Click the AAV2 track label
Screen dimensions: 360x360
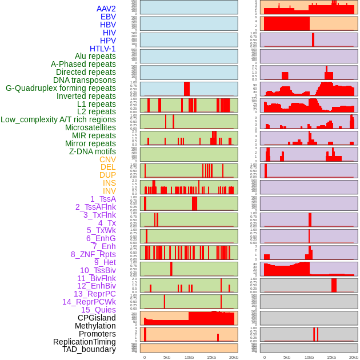tap(106, 9)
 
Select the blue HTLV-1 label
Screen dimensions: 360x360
tap(102, 49)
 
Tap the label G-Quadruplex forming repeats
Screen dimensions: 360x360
tap(61, 88)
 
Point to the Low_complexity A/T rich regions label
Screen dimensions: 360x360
tap(58, 119)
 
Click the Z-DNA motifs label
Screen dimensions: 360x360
tap(92, 151)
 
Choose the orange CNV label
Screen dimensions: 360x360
tap(107, 159)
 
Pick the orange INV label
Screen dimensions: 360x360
tap(109, 191)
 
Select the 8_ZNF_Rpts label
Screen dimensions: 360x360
tap(93, 254)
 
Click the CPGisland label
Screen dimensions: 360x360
tap(97, 318)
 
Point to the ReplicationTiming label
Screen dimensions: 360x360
tap(85, 342)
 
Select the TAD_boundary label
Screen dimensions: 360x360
tap(89, 349)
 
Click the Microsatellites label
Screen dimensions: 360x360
tap(90, 127)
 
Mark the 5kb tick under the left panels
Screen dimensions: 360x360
tap(167, 357)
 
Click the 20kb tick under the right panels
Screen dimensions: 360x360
tap(354, 357)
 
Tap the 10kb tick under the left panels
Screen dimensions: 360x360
tap(189, 357)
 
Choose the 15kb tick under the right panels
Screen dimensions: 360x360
tap(331, 357)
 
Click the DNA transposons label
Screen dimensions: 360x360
tap(85, 80)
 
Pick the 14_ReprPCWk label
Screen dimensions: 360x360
tap(89, 302)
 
